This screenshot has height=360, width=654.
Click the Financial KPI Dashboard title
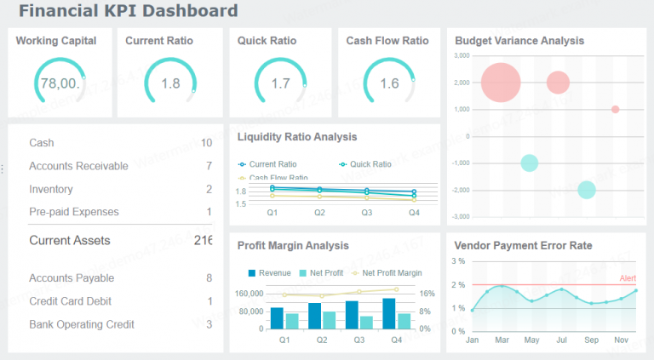[x=128, y=12]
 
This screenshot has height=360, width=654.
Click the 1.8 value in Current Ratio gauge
[x=170, y=83]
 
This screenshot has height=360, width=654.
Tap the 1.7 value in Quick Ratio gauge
[x=280, y=83]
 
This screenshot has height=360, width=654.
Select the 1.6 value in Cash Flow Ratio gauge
[x=389, y=83]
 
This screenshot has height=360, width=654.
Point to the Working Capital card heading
[x=56, y=40]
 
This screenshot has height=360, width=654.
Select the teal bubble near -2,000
[x=586, y=190]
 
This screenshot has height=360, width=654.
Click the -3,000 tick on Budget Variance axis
[x=460, y=216]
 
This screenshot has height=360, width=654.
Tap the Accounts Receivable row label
[x=78, y=166]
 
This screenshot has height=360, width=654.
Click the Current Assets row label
[x=69, y=241]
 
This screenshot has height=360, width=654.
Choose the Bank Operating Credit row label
[x=81, y=324]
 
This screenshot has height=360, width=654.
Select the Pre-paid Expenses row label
[x=73, y=212]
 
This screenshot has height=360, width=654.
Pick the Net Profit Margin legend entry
[x=392, y=273]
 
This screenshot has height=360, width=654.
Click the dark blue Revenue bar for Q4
[x=389, y=313]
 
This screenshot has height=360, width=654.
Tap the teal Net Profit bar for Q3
[x=366, y=323]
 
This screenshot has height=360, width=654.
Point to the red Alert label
[x=628, y=278]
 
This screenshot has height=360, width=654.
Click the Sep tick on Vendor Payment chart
[x=592, y=340]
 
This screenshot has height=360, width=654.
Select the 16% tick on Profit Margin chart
[x=427, y=294]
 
